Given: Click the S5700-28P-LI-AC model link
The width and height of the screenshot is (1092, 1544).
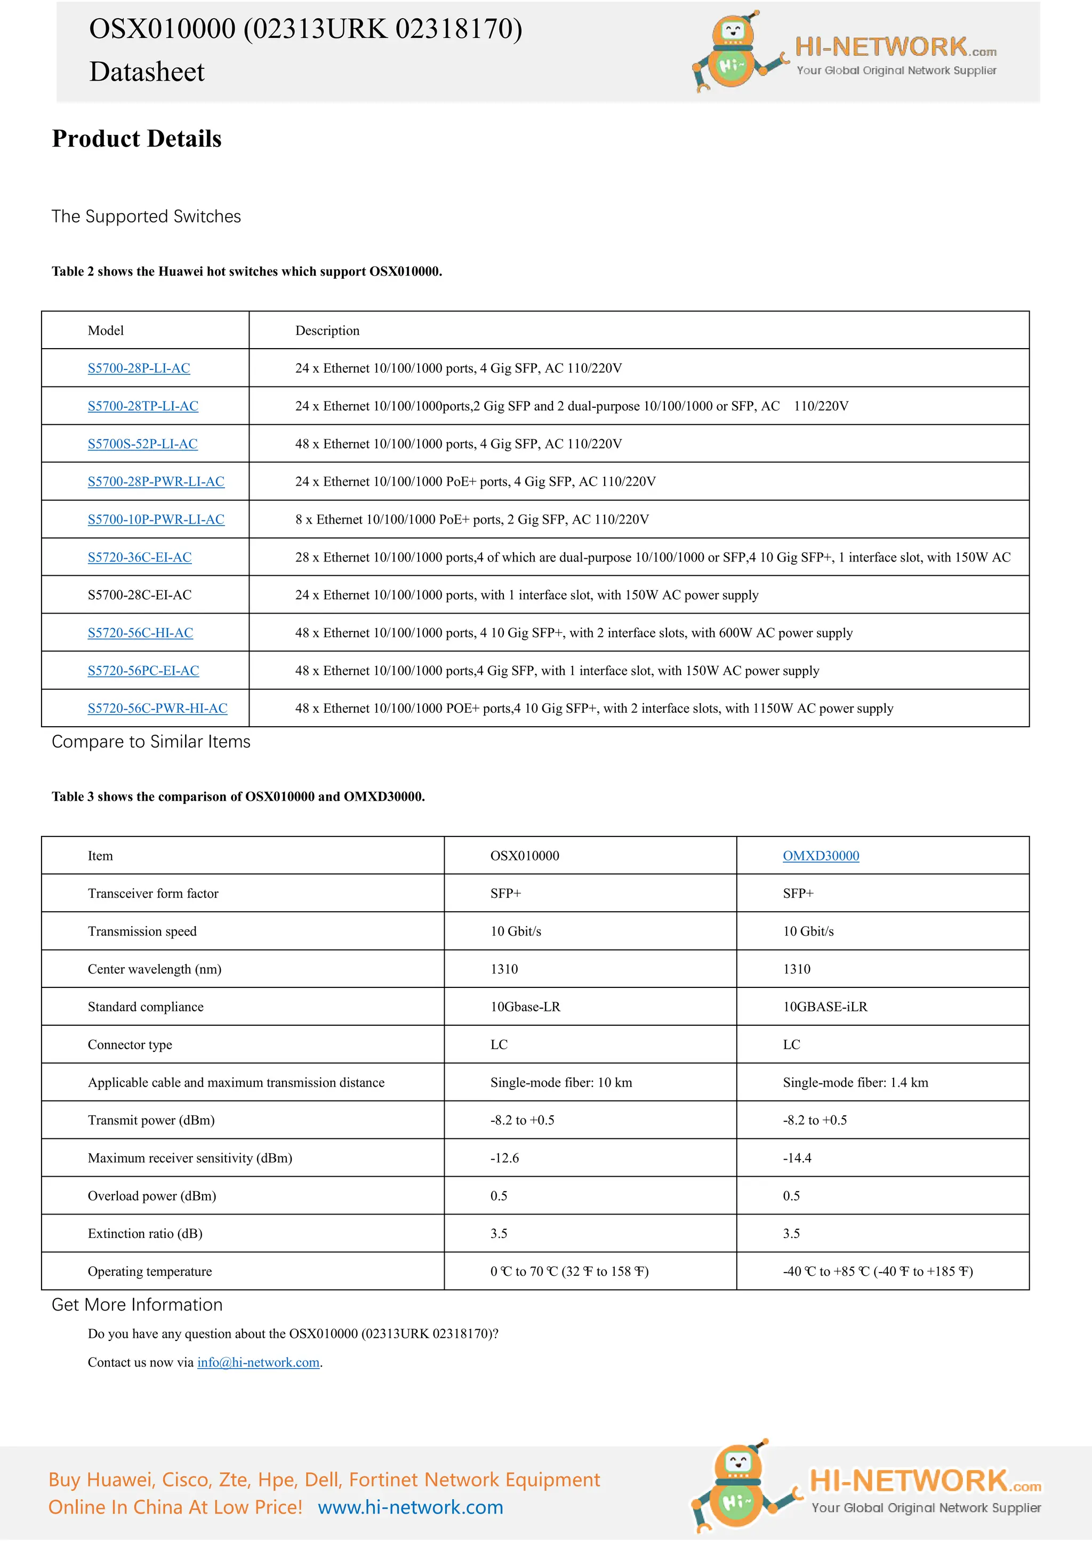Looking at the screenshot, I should pyautogui.click(x=139, y=368).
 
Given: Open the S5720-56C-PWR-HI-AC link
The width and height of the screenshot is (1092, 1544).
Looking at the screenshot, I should pyautogui.click(x=157, y=708).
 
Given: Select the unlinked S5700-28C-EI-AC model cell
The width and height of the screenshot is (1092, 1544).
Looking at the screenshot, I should pyautogui.click(x=139, y=594).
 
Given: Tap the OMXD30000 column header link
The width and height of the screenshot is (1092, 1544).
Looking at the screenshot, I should pyautogui.click(x=821, y=855).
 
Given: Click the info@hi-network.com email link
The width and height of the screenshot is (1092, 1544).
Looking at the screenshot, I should pyautogui.click(x=258, y=1362).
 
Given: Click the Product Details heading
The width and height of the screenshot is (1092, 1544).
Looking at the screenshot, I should pyautogui.click(x=136, y=139).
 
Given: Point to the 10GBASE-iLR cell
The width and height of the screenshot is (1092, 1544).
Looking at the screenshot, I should pyautogui.click(x=824, y=1006).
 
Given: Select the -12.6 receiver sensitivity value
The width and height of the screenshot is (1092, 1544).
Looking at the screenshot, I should pyautogui.click(x=504, y=1157).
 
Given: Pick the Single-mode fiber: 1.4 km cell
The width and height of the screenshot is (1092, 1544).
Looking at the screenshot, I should pyautogui.click(x=855, y=1082).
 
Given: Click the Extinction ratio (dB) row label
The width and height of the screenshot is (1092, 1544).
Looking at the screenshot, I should pyautogui.click(x=144, y=1233).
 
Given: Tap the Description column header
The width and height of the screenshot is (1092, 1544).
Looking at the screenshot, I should pyautogui.click(x=327, y=330).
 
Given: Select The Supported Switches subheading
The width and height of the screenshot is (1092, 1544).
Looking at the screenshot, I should pyautogui.click(x=146, y=216).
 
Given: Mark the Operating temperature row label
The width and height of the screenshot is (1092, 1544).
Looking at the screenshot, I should pyautogui.click(x=149, y=1271).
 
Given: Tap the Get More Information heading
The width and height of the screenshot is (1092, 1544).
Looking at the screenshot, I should pyautogui.click(x=136, y=1305).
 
